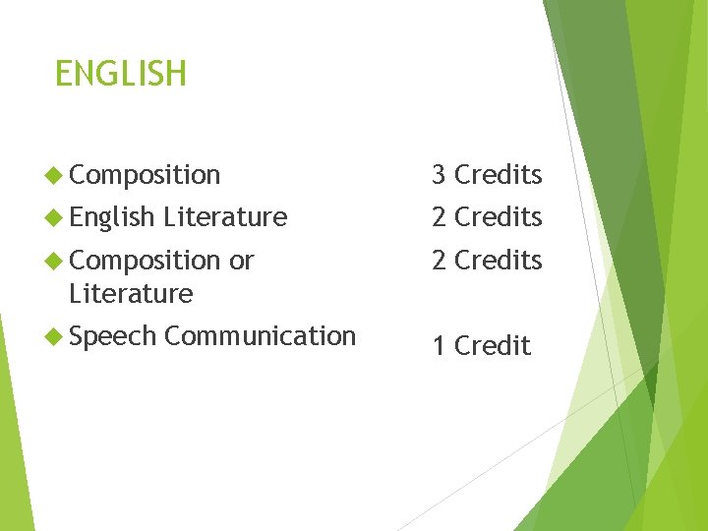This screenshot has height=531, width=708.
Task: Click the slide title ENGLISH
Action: click(x=120, y=74)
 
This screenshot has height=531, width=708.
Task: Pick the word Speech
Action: click(x=113, y=337)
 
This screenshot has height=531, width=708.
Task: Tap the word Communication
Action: click(x=260, y=336)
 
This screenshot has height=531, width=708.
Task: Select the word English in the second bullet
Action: click(x=113, y=217)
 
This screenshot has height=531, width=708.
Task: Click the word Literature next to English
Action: click(x=225, y=217)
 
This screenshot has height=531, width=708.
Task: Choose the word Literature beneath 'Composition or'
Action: click(x=131, y=294)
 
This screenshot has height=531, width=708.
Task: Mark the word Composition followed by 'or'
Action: click(x=146, y=261)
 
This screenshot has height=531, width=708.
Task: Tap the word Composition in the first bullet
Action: click(x=146, y=175)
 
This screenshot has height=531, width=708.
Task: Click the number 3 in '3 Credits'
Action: click(x=440, y=175)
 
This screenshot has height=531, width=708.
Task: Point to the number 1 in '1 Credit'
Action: click(x=440, y=346)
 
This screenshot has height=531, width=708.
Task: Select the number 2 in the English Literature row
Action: click(x=440, y=217)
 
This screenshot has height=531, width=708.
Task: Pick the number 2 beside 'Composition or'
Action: click(x=440, y=261)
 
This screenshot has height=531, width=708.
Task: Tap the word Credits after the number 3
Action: click(x=499, y=175)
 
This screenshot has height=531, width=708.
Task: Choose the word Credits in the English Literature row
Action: click(x=499, y=217)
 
